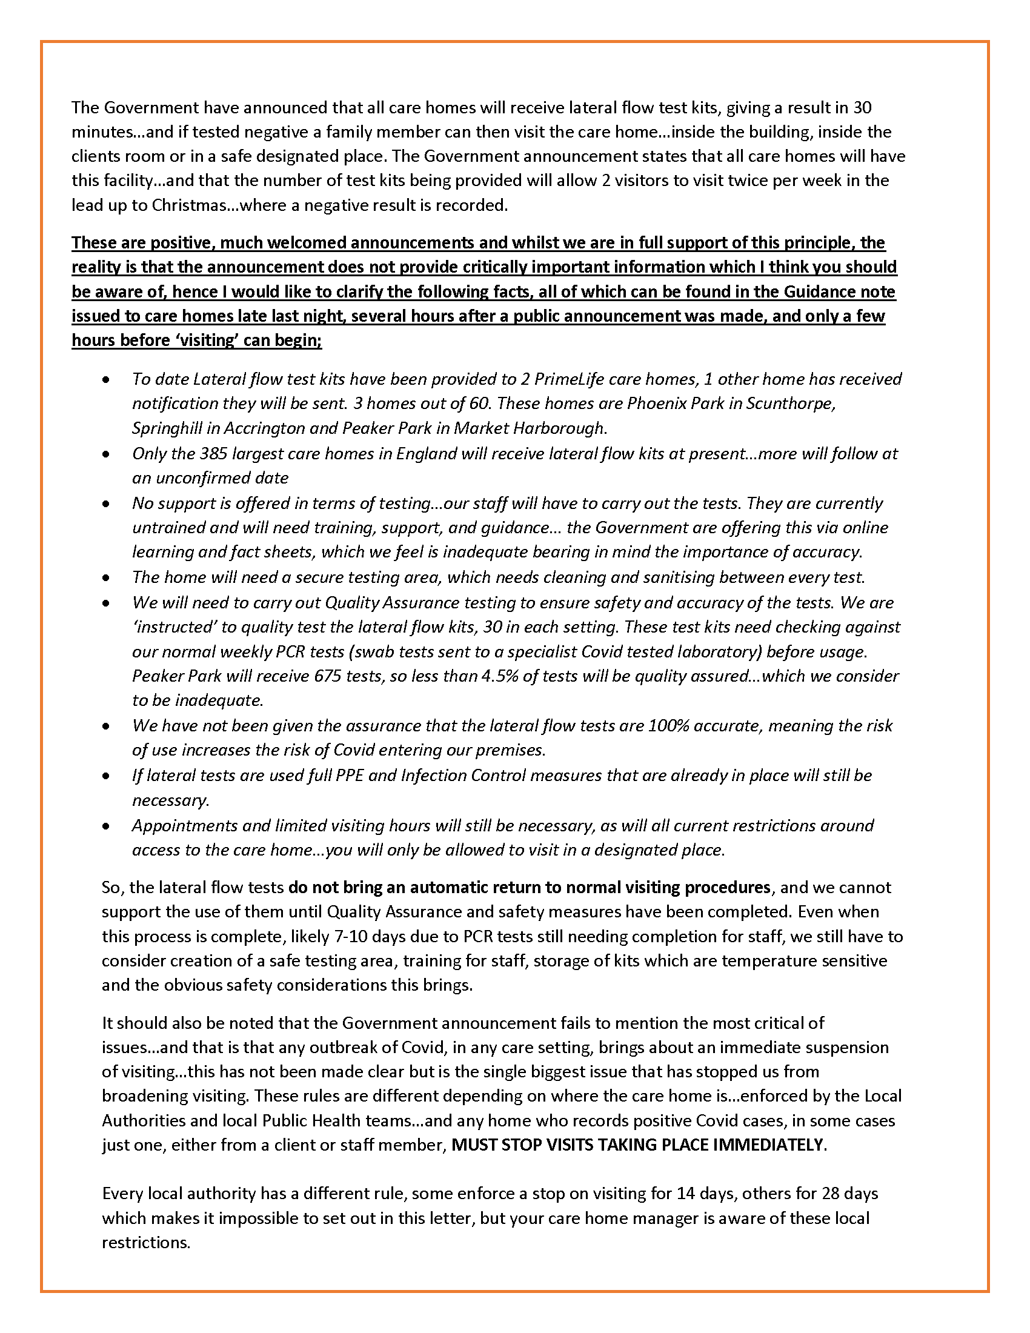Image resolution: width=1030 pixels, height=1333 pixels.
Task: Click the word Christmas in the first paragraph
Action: click(x=188, y=205)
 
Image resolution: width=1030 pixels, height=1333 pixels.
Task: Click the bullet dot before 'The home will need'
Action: click(x=107, y=577)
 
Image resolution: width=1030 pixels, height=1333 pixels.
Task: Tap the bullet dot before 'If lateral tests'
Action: click(x=107, y=776)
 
